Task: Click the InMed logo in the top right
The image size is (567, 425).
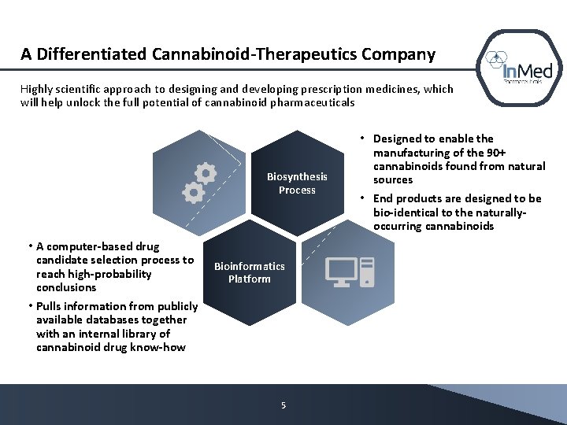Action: point(519,68)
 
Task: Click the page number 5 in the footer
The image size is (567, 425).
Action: point(283,405)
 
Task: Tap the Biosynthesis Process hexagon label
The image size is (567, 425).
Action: point(297,183)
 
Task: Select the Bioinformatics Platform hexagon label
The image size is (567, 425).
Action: point(249,272)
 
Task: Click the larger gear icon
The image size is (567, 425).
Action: point(205,174)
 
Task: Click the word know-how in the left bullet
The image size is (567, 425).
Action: point(161,347)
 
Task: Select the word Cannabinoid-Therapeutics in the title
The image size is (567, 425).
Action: point(254,54)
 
